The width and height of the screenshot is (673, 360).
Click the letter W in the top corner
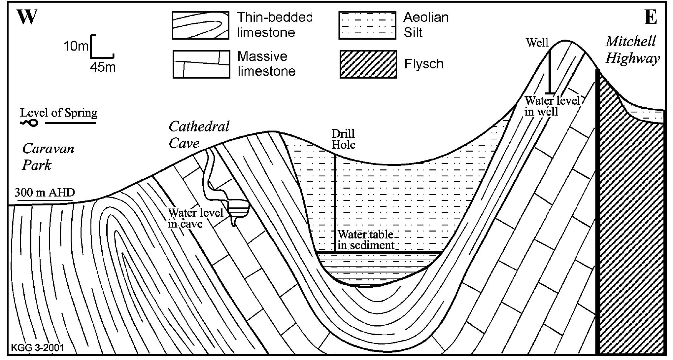point(27,17)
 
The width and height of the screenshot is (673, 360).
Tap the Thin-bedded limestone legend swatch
point(200,25)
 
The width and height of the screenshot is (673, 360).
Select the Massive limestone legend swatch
point(201,64)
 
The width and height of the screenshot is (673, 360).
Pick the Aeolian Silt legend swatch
point(367,25)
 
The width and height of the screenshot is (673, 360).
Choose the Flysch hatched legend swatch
point(368,64)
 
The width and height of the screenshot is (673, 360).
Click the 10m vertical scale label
point(76,46)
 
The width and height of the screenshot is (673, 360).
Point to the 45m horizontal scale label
point(103,67)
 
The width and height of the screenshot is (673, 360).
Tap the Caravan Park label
point(48,157)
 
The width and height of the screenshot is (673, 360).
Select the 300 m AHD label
point(45,193)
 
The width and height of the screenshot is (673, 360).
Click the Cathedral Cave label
point(199,135)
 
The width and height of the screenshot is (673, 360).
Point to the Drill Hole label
point(343,139)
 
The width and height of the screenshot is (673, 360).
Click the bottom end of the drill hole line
point(335,253)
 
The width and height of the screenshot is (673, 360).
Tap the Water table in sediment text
point(366,240)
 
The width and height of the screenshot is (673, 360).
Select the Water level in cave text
point(195,218)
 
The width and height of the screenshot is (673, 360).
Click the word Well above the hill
point(537,43)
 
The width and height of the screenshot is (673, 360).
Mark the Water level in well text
point(552,106)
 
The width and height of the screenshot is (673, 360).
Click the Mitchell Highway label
point(632,50)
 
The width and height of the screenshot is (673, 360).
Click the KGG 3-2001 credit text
point(37,348)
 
